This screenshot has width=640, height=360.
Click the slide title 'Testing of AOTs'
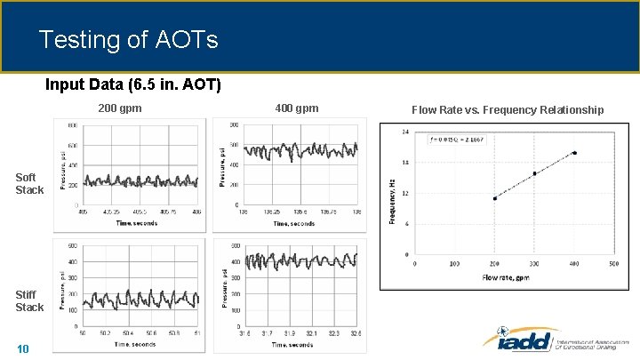(128, 40)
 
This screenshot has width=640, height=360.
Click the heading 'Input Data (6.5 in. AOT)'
(133, 85)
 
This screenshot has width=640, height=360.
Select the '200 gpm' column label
(119, 108)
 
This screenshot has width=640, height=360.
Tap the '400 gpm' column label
(296, 108)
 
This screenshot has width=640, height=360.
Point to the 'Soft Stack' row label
(29, 184)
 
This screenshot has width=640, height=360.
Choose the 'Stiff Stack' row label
(29, 300)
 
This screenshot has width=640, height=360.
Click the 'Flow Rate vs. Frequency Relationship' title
(507, 109)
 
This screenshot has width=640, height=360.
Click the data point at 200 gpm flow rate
(494, 198)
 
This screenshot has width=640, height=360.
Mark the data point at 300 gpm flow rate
(534, 173)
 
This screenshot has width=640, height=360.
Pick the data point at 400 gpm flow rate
(574, 153)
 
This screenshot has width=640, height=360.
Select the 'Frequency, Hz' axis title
(392, 200)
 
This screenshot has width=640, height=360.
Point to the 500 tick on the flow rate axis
(613, 263)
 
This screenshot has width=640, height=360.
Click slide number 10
(23, 348)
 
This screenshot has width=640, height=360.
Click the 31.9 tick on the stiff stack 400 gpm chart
(299, 333)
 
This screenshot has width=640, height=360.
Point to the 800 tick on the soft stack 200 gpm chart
(72, 125)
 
